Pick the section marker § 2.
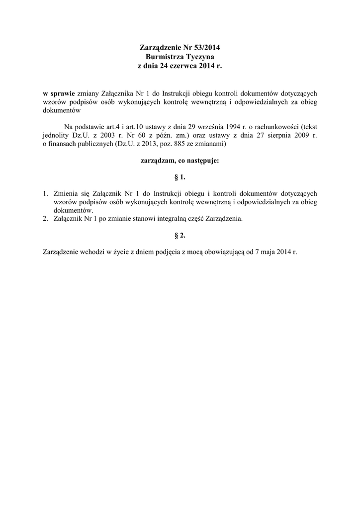(x=180, y=236)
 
